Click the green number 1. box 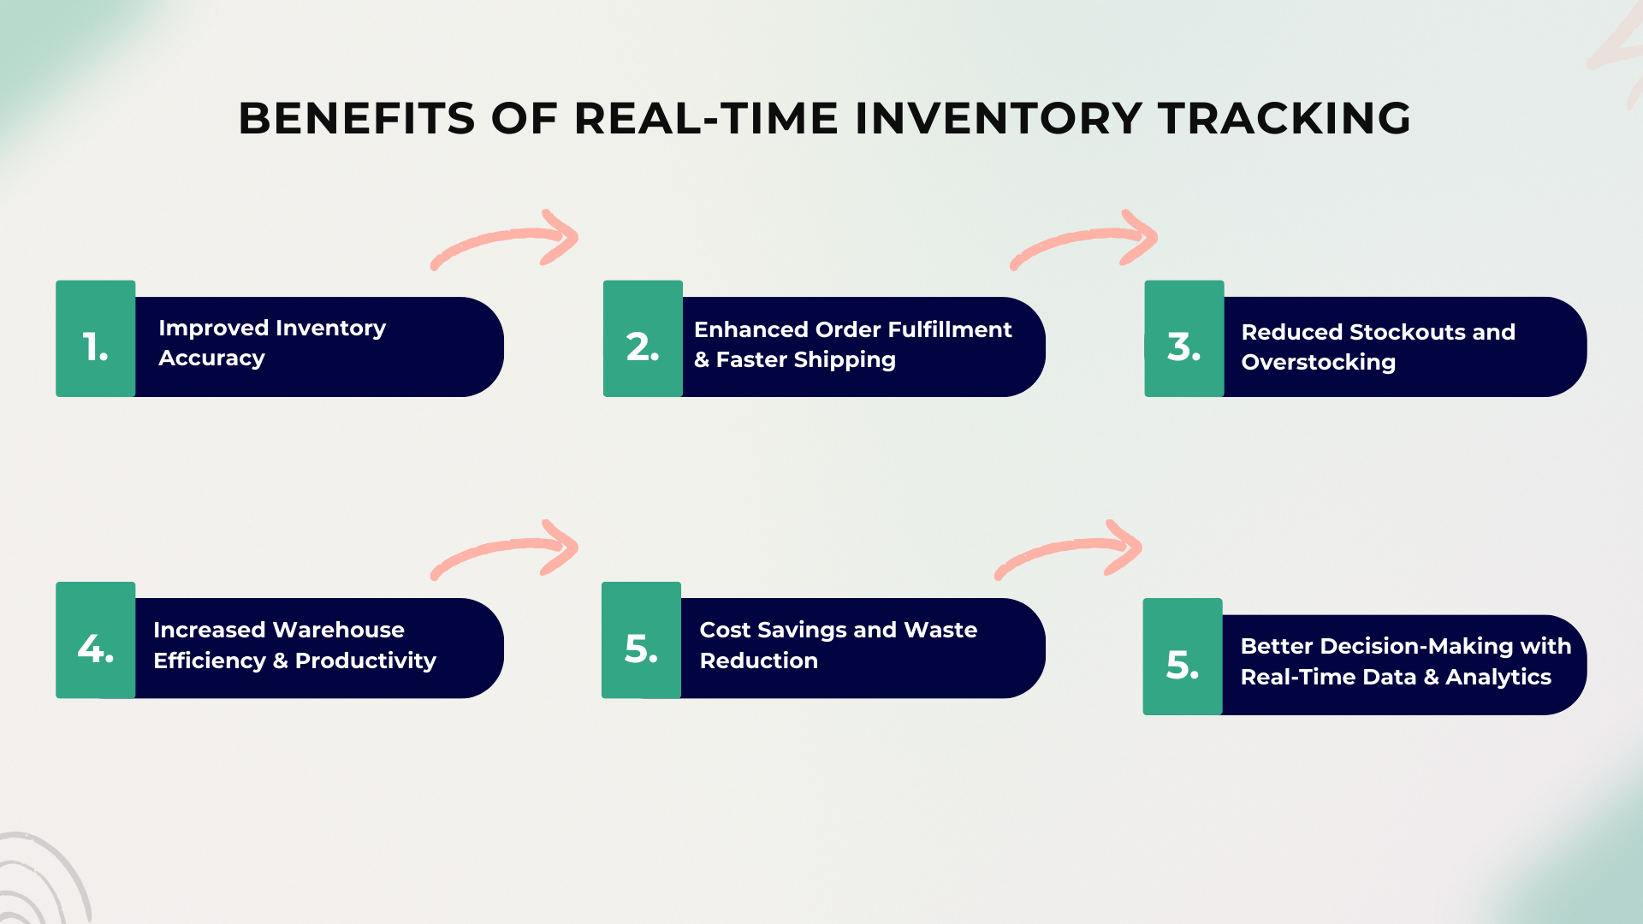tap(95, 339)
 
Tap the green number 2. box tap(643, 339)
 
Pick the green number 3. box tap(1184, 339)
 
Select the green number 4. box tap(95, 640)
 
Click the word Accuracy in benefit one tap(211, 358)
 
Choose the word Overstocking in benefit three tap(1318, 363)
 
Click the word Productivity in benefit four tap(365, 660)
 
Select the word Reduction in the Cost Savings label tap(758, 660)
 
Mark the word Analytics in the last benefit tap(1498, 677)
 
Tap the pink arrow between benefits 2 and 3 tap(1085, 240)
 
